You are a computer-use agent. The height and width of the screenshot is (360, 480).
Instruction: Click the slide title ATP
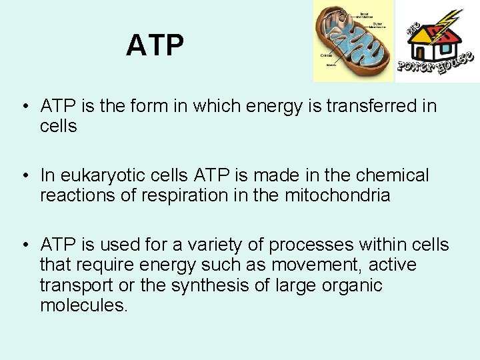[x=155, y=45]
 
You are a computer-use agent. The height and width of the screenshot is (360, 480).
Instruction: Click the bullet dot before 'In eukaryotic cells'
[x=23, y=176]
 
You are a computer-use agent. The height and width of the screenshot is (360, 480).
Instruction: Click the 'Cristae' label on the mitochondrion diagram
[x=327, y=55]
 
